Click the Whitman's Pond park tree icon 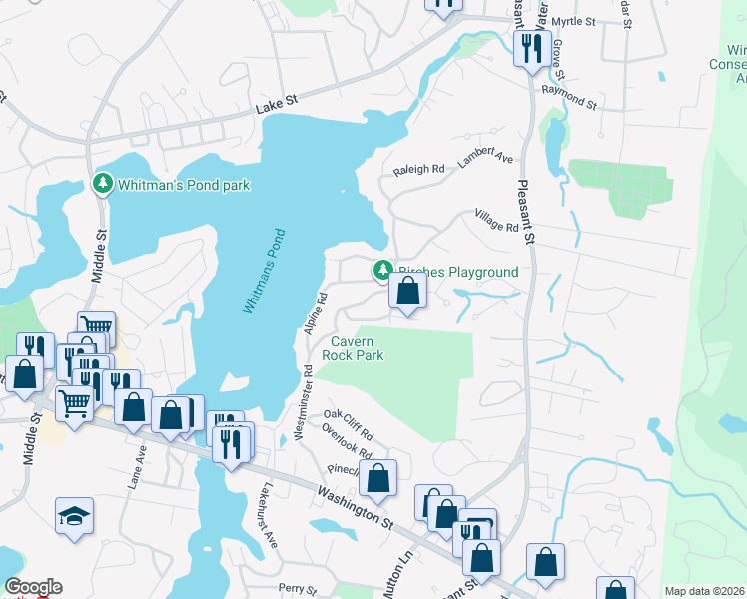101,185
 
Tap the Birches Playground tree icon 381,271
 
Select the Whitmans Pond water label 264,272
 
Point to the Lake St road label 276,101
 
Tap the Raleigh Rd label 418,170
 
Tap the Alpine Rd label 316,312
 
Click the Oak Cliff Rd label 348,423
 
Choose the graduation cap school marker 74,516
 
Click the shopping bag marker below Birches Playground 407,292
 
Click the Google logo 33,587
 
